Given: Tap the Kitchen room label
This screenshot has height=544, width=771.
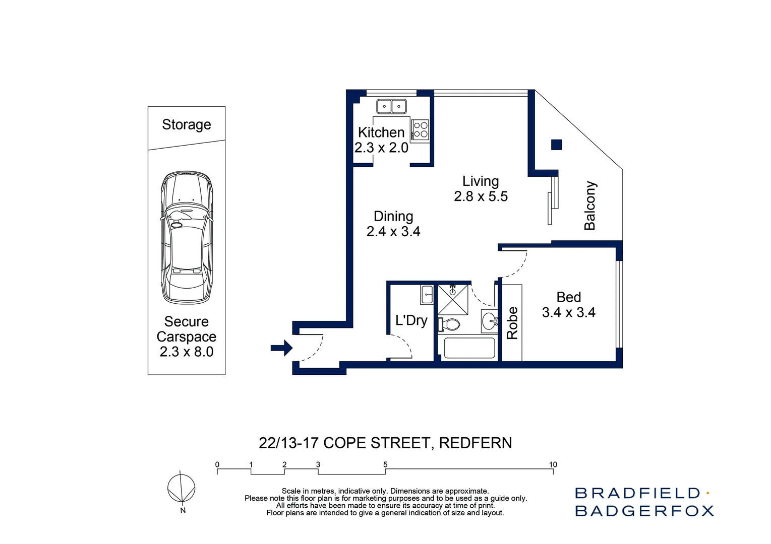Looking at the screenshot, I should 381,132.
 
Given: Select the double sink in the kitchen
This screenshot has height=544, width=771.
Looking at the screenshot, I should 391,106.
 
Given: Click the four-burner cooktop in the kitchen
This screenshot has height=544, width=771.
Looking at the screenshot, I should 421,130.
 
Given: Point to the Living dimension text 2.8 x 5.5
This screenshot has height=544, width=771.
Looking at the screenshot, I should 481,196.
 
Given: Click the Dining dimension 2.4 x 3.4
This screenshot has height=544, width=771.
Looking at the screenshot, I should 393,231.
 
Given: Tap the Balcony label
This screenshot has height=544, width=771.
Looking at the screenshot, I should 590,206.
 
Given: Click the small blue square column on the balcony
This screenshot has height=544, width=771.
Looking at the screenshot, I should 556,145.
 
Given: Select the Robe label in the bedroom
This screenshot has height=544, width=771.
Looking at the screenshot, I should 512,323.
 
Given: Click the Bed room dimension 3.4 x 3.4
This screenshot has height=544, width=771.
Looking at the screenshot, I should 568,312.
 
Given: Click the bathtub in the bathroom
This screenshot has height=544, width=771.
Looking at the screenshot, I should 469,348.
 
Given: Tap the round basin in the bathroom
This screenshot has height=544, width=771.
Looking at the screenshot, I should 489,321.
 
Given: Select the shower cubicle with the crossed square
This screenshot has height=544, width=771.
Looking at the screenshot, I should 452,300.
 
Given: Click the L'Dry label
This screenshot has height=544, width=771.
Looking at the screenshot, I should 411,320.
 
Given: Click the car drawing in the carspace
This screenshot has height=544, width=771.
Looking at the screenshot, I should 187,237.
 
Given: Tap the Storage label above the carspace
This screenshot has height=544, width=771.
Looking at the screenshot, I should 187,124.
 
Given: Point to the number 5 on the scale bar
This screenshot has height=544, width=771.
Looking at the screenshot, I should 385,464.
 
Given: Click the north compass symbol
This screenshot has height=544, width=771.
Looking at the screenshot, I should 181,489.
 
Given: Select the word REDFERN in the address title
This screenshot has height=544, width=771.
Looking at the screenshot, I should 475,443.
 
